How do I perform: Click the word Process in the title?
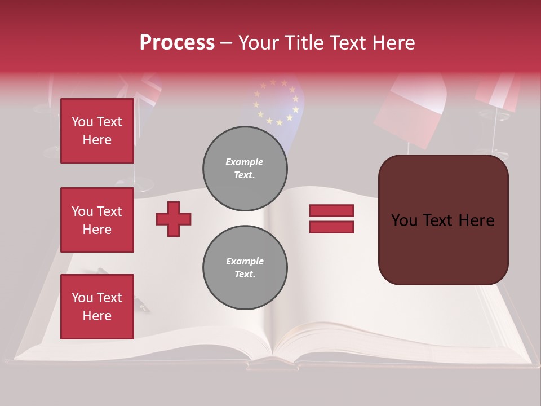[177, 43]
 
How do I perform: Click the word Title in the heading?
[303, 43]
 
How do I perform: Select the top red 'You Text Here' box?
[97, 131]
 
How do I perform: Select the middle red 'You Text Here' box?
[97, 220]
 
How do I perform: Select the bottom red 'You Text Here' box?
[97, 307]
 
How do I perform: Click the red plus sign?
[174, 219]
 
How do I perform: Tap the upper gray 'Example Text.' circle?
[245, 169]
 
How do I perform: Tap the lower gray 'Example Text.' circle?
[245, 268]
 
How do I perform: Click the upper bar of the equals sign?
[331, 210]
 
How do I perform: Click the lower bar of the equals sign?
[331, 227]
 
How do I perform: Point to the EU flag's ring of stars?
[276, 101]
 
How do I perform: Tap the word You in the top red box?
[82, 122]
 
